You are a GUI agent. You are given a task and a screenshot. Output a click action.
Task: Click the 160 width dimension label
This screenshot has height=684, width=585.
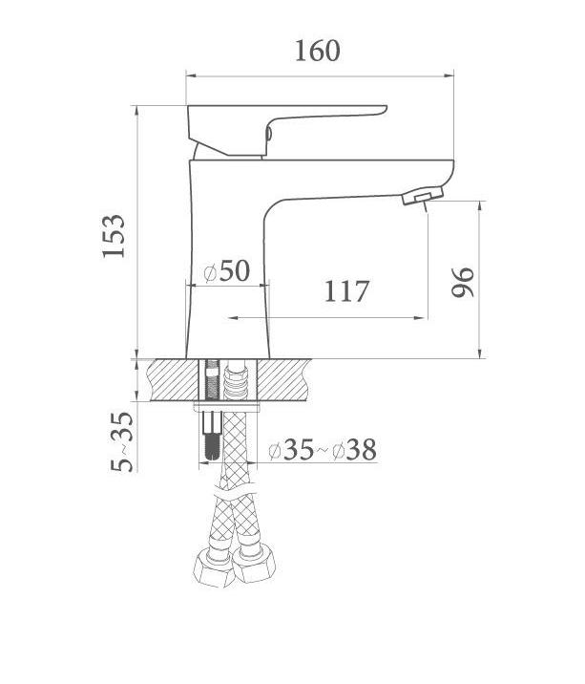[x=317, y=51]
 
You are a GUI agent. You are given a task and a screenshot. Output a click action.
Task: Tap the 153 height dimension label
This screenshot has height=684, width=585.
[x=114, y=236]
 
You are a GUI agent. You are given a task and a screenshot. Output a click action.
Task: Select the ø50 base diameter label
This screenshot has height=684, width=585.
[x=227, y=270]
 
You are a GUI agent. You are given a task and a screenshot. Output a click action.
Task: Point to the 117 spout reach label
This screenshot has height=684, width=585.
[x=346, y=291]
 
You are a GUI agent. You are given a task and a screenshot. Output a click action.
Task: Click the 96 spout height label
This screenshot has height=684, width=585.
[x=463, y=282]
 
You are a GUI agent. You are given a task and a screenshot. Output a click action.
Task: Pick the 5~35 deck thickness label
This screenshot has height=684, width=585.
[x=122, y=441]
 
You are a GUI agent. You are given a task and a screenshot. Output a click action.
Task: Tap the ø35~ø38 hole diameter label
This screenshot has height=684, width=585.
[x=323, y=450]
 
